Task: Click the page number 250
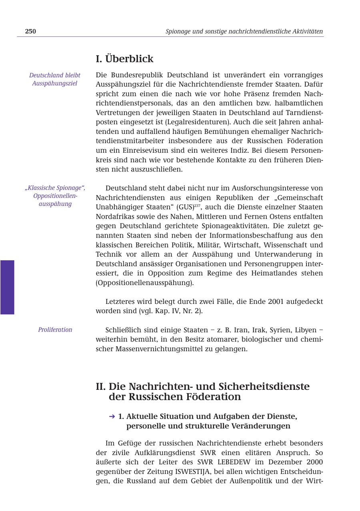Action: (x=30, y=31)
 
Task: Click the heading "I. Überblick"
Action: (x=124, y=59)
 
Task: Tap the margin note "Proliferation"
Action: (x=55, y=330)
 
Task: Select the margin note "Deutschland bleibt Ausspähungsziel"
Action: (x=55, y=79)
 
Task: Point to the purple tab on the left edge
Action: (x=7, y=287)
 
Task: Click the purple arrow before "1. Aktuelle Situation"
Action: (x=112, y=416)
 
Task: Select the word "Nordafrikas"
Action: (x=114, y=216)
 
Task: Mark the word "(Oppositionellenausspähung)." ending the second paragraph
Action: (x=145, y=283)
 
